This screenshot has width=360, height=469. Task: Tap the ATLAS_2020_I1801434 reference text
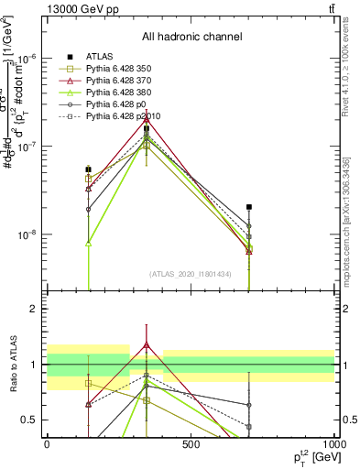[x=191, y=274]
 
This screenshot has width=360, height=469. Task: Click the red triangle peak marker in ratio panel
[x=147, y=345]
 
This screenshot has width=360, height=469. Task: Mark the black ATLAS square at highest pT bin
[x=248, y=207]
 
